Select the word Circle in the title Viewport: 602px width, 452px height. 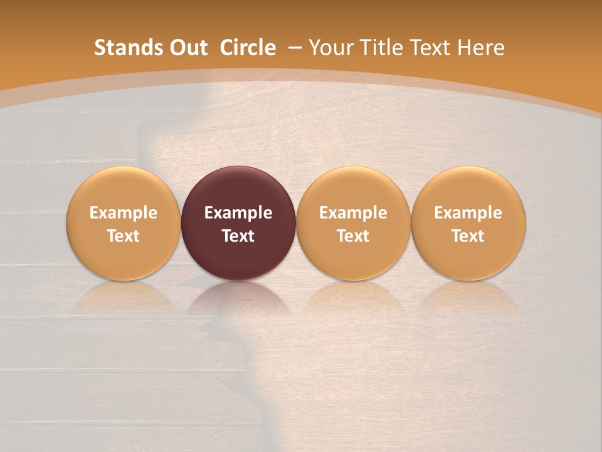click(248, 48)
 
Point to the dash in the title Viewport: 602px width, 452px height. click(295, 48)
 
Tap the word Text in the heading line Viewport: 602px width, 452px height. click(433, 48)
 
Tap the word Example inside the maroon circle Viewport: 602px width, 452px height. click(238, 213)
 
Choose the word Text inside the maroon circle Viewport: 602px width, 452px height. click(238, 236)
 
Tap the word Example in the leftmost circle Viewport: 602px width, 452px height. click(124, 213)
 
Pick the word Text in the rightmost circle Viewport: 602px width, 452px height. click(468, 236)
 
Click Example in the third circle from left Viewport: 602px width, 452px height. click(353, 213)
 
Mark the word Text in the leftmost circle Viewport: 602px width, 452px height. click(124, 236)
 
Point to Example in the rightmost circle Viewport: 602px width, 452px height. click(468, 213)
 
